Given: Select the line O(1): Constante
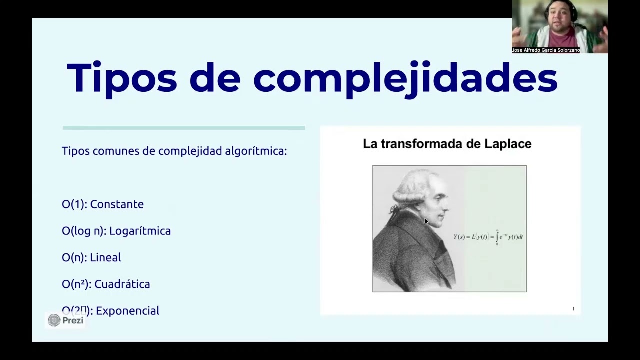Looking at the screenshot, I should point(103,204).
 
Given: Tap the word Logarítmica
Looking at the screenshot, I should point(140,231).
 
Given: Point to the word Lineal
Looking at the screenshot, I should point(105,257).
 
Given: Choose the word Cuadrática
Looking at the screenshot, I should point(122,284).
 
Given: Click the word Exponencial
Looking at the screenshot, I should point(127,311).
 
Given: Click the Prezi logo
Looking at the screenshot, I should point(65,320).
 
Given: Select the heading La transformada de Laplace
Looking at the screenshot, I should point(447,144).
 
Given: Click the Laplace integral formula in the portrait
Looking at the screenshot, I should point(488,237).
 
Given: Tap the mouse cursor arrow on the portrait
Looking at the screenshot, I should point(426,221).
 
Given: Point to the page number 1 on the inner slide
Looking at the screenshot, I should point(573,309).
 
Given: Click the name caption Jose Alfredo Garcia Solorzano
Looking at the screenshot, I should point(546,50).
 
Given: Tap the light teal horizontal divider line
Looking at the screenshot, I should point(184,128).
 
